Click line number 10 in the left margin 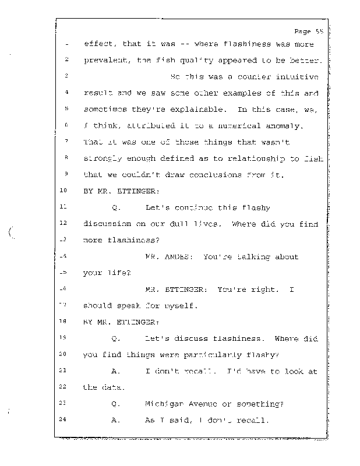click(64, 190)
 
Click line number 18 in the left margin click(64, 321)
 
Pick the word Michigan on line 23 click(164, 403)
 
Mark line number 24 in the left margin click(64, 419)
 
